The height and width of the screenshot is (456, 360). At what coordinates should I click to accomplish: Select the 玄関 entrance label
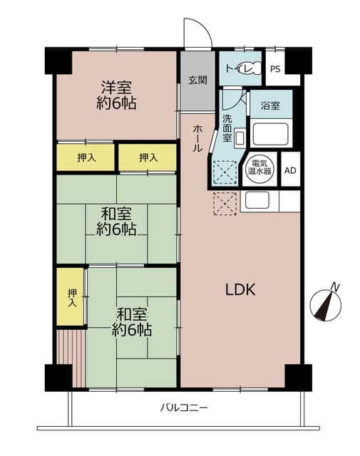tap(197, 80)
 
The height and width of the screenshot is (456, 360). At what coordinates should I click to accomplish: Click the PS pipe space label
tap(275, 69)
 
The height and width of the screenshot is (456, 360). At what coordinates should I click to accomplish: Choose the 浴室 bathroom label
tap(269, 105)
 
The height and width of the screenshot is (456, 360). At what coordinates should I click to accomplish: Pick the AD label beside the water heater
tap(289, 170)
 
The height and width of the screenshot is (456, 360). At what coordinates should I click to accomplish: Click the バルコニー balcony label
tap(183, 408)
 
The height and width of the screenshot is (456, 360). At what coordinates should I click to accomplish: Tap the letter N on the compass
tap(335, 287)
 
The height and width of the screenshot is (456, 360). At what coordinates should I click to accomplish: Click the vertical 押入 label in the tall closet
tap(72, 297)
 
